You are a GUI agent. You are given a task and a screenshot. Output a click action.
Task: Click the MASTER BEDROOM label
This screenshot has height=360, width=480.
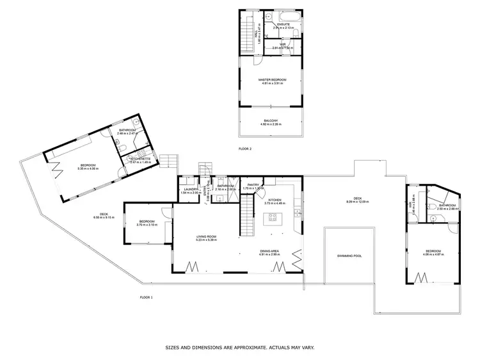tap(272, 80)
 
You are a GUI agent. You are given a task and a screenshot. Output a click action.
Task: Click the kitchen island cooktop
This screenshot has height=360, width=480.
tap(273, 217)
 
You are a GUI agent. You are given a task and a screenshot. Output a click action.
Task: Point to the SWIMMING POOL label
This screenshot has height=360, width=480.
tap(349, 256)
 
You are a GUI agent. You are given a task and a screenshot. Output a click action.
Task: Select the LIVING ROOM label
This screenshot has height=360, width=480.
tap(206, 237)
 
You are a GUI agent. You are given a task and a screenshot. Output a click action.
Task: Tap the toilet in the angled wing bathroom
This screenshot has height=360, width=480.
tap(121, 149)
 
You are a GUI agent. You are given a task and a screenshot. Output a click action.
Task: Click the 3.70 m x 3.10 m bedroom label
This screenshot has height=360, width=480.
tap(147, 225)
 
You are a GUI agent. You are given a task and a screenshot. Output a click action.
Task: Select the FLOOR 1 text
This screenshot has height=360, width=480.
tap(147, 298)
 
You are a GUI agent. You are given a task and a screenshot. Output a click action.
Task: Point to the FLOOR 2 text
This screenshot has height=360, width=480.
tap(245, 149)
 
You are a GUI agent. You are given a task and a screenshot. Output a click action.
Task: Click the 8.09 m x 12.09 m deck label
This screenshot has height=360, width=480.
tap(355, 202)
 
